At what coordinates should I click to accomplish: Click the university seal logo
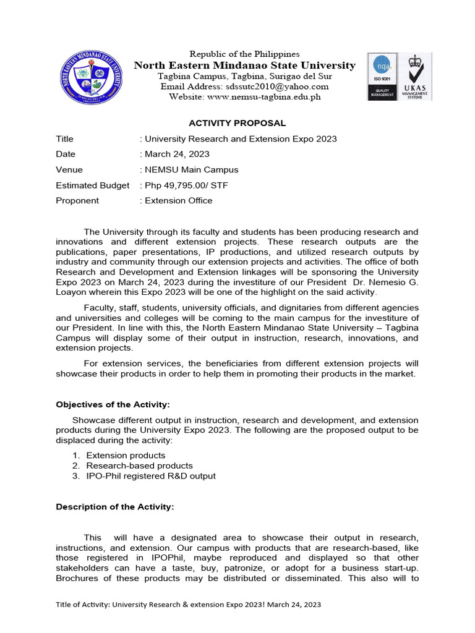tap(90, 78)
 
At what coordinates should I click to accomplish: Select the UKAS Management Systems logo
tap(415, 77)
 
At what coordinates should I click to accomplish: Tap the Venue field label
tap(69, 169)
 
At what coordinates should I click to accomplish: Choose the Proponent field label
tap(77, 200)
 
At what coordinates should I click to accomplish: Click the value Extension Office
tap(178, 200)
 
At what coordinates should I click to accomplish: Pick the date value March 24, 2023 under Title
tap(176, 154)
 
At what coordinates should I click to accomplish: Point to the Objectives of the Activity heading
tap(113, 404)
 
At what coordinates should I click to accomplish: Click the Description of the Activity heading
tap(115, 507)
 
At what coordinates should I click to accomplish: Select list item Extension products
tap(126, 456)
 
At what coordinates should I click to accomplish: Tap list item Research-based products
tap(139, 465)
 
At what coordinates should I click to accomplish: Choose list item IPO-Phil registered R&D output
tap(151, 476)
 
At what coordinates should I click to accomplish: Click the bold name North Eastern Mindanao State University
tap(245, 66)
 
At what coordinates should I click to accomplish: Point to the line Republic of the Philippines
tap(244, 54)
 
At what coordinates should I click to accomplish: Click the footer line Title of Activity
tap(189, 605)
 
